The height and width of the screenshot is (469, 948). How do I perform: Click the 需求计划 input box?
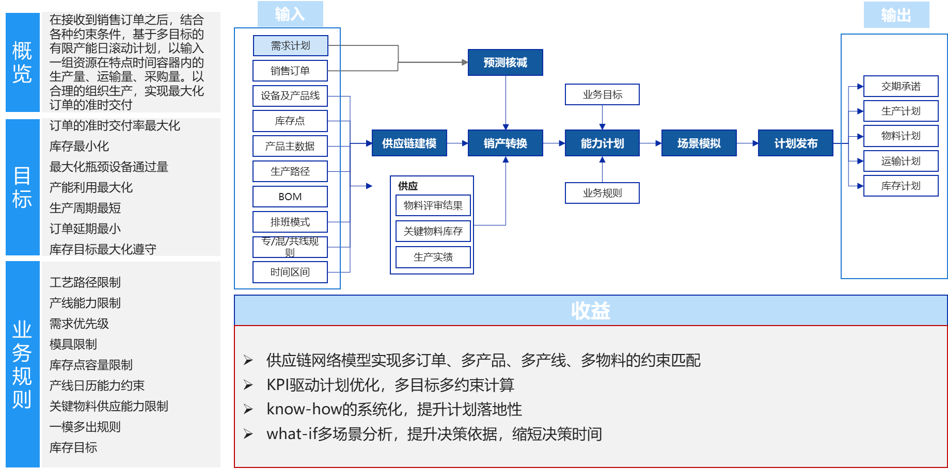pos(290,45)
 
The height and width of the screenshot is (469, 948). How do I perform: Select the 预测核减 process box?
pos(505,62)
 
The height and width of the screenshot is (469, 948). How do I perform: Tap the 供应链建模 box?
pos(409,143)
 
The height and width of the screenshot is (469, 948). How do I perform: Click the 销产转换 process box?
pos(505,143)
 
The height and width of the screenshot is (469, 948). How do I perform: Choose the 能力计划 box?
pos(602,143)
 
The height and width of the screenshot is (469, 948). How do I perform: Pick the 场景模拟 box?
pos(699,143)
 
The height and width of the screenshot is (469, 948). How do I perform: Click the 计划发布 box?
pos(795,143)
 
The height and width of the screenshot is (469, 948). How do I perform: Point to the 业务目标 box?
pos(602,94)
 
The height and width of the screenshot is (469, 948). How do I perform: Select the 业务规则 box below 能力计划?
pos(602,193)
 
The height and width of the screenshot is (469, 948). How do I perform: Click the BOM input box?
pos(290,197)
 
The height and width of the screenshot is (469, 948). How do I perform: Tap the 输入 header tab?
pos(290,14)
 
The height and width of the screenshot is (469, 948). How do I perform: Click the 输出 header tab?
pos(896,14)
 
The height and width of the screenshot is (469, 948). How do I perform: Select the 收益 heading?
pos(590,311)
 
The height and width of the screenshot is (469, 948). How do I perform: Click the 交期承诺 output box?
pos(900,86)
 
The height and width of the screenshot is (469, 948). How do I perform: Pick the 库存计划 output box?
pos(900,186)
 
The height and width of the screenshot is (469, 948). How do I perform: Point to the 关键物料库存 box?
pos(433,231)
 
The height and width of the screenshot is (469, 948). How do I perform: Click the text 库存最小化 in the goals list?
pos(79,146)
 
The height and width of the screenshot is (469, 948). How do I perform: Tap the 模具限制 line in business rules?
pos(73,344)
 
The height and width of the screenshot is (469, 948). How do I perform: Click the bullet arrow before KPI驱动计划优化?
pos(248,385)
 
